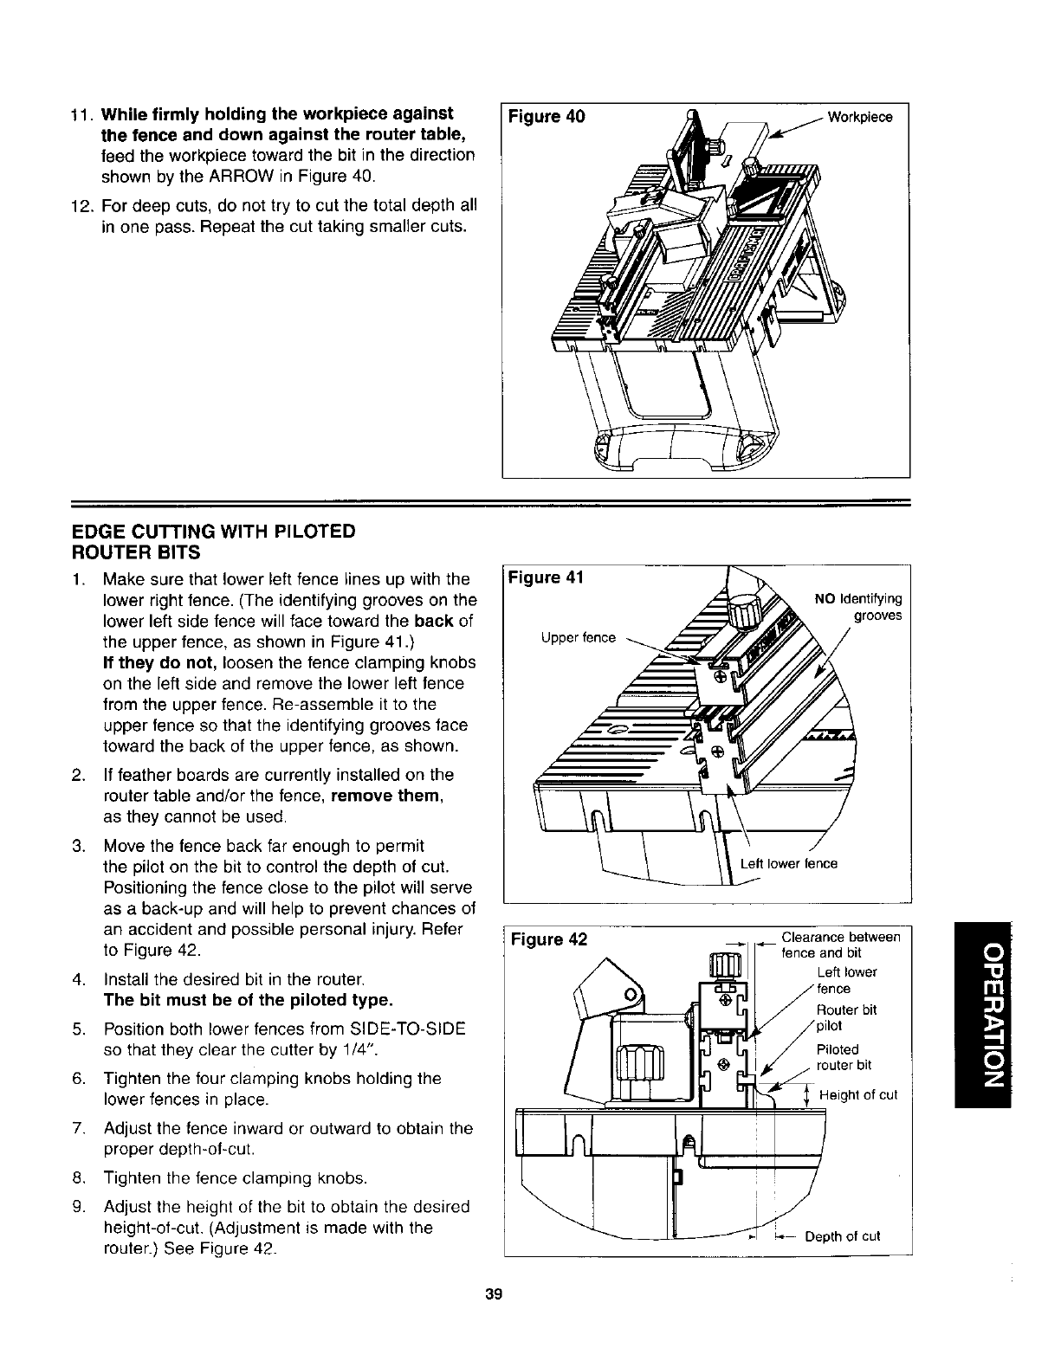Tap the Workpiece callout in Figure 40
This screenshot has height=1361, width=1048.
(x=860, y=117)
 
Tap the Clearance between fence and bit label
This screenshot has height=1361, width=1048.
(x=840, y=945)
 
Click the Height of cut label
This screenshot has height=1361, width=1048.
(x=858, y=1095)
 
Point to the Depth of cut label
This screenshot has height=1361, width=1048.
(x=843, y=1235)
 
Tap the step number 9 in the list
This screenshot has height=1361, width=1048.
(x=77, y=1206)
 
